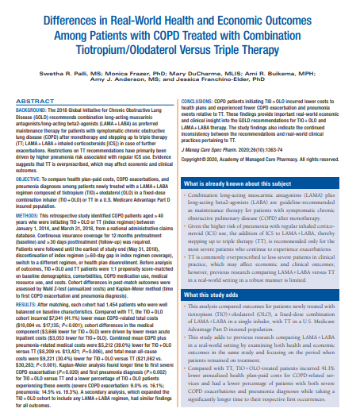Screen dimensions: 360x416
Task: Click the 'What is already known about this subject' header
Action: (x=231, y=183)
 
